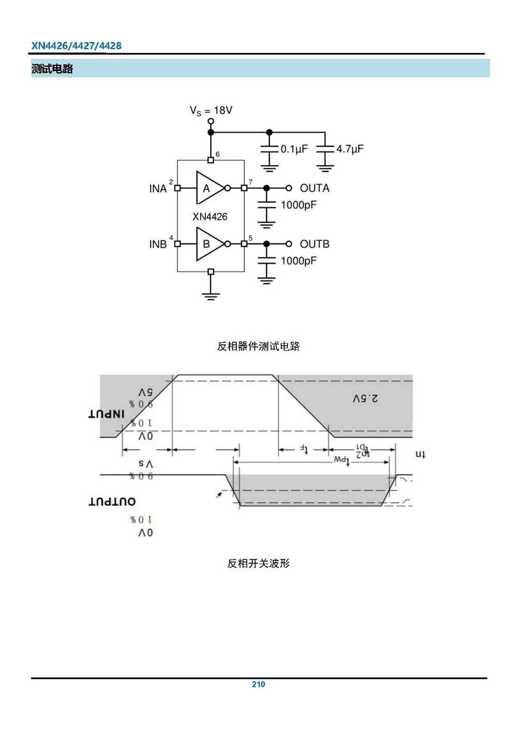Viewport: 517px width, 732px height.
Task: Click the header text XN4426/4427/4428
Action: coord(77,46)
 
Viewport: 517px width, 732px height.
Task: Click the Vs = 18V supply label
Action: coord(211,110)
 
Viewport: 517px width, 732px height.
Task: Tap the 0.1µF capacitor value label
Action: coord(294,149)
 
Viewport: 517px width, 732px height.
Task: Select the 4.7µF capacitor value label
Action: coord(350,149)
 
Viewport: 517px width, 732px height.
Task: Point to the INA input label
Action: coord(158,189)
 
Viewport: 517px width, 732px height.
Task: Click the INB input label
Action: coord(158,244)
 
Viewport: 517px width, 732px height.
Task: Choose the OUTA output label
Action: coord(314,188)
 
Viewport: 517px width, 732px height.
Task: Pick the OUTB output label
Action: coord(314,244)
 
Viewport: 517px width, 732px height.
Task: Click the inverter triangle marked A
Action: coord(208,188)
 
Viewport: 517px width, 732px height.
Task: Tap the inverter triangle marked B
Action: coord(208,244)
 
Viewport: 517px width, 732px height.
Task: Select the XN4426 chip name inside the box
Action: coord(210,217)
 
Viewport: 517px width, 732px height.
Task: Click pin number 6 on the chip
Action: coord(218,154)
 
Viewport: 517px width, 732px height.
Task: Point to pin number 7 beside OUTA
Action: coord(251,182)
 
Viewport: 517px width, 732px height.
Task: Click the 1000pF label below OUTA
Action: coord(298,205)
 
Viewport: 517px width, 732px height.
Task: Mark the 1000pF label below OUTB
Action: coord(298,261)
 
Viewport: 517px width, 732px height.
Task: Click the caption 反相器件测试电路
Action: coord(258,346)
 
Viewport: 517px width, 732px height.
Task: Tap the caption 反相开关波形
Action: coord(258,563)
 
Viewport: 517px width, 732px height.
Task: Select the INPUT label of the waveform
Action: coord(107,414)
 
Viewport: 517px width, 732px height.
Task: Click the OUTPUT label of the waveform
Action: coord(112,501)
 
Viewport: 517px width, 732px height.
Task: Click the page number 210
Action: coord(258,684)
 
